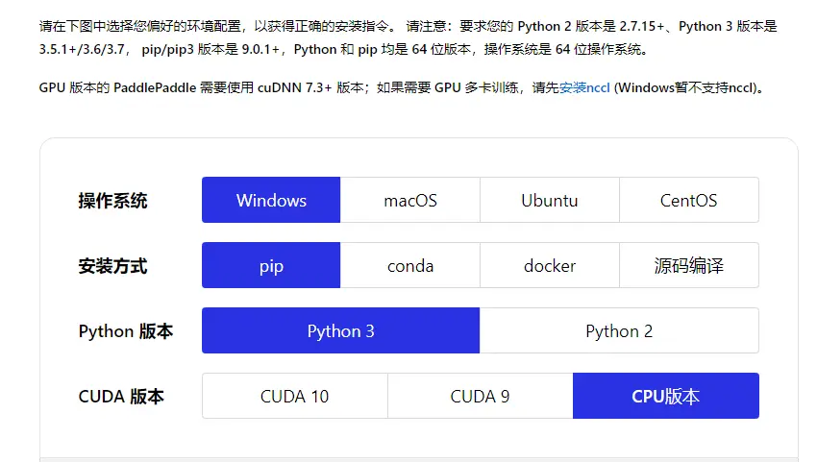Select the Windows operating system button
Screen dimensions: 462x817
coord(271,200)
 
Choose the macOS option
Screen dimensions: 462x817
coord(410,200)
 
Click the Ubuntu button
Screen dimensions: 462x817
coord(550,200)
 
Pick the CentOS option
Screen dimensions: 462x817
coord(688,200)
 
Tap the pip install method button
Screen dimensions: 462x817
coord(271,265)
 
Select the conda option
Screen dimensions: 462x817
coord(410,265)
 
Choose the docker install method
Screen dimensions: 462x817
coord(550,265)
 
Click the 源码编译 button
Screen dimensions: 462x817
coord(688,265)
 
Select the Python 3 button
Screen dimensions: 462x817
coord(340,330)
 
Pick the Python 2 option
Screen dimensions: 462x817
coord(619,330)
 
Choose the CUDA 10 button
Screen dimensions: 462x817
coord(294,396)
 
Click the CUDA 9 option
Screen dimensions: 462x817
coord(480,396)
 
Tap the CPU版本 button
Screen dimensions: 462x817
coord(665,396)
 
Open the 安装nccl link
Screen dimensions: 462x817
coord(584,87)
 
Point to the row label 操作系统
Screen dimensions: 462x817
coord(112,201)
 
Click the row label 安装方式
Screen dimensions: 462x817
coord(112,266)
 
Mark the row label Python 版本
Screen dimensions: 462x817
coord(126,331)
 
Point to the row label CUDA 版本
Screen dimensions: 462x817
coord(121,397)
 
